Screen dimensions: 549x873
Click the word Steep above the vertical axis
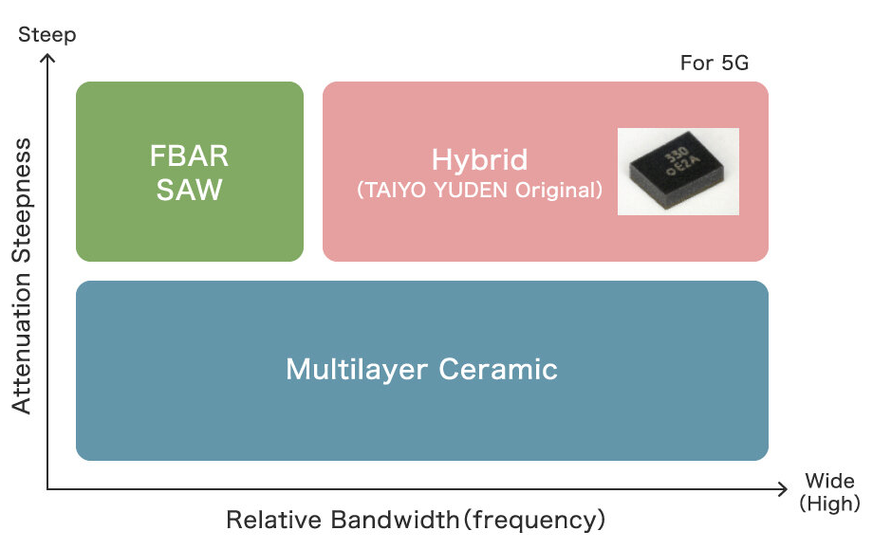tap(47, 35)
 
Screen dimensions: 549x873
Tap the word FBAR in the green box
tap(190, 155)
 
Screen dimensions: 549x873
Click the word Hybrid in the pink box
tap(479, 158)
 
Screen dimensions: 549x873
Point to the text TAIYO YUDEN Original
tap(479, 190)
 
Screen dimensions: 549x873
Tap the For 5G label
tap(715, 64)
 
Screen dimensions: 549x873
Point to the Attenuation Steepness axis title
tap(23, 276)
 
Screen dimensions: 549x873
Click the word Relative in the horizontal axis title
tap(275, 520)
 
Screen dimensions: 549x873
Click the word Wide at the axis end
tap(829, 481)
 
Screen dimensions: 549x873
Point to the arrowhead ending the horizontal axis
tap(781, 489)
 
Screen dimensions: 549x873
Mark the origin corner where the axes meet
tap(48, 489)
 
